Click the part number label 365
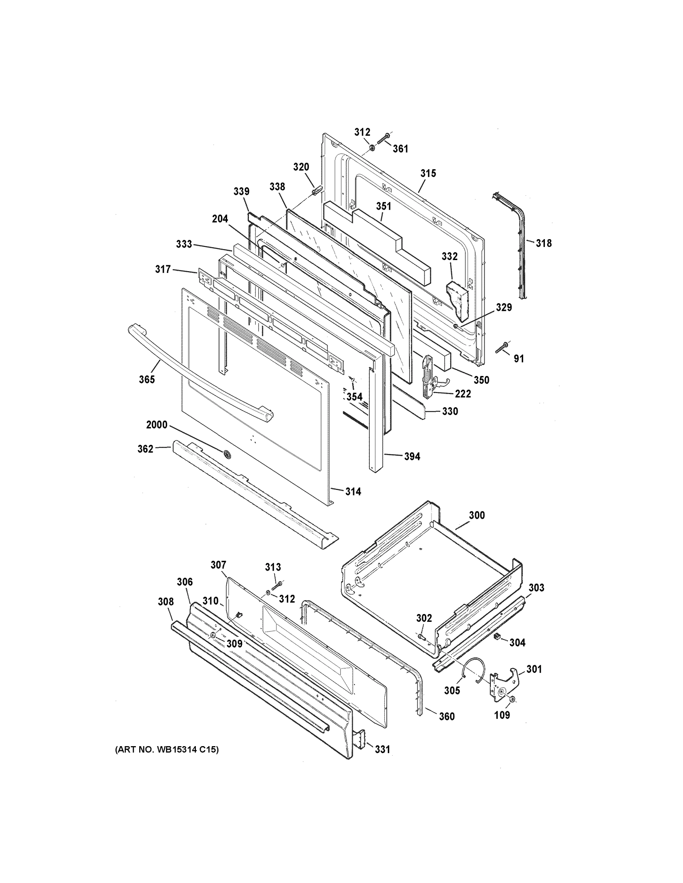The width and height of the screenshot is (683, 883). tap(147, 379)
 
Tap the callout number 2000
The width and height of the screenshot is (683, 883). tap(156, 425)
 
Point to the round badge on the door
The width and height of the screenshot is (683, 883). tap(227, 454)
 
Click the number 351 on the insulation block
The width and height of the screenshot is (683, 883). tap(384, 206)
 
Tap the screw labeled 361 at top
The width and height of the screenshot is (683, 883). tap(383, 140)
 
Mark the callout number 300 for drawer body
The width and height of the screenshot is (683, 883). tap(477, 515)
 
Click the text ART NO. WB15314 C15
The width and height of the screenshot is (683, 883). tap(167, 749)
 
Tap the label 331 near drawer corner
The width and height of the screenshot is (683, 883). tap(382, 749)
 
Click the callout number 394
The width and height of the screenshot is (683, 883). tap(412, 457)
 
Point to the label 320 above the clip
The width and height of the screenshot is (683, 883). tap(301, 167)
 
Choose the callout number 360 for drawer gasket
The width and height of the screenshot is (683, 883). tap(447, 716)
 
